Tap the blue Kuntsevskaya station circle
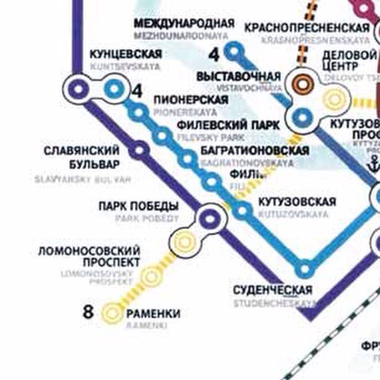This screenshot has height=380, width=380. click(x=113, y=89)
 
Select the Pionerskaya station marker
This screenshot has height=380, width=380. click(x=138, y=112)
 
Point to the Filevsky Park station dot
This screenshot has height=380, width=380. click(x=161, y=136)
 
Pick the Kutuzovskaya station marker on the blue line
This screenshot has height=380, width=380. click(x=242, y=210)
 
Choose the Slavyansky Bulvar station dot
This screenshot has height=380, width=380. click(x=140, y=151)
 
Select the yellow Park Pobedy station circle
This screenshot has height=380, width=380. click(x=185, y=242)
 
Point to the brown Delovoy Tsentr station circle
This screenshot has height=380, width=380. click(x=303, y=84)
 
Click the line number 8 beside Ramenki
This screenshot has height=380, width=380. click(x=88, y=311)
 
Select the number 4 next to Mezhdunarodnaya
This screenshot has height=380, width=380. click(x=214, y=55)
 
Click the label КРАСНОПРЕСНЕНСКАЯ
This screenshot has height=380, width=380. click(x=307, y=28)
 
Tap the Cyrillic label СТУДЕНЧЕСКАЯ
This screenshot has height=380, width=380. click(x=272, y=290)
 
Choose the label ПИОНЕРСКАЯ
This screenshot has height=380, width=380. click(x=191, y=99)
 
